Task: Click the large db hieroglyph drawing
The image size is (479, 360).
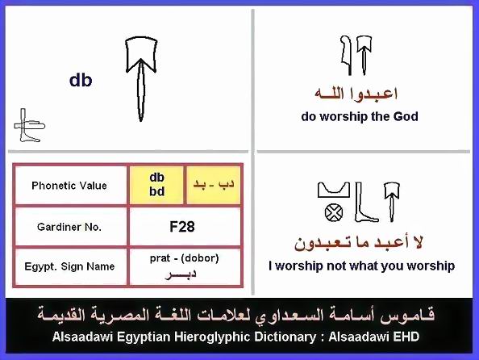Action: click(x=141, y=79)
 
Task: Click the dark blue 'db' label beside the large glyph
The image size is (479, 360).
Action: click(x=81, y=80)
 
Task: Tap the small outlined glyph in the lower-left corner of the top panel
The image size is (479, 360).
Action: click(x=29, y=125)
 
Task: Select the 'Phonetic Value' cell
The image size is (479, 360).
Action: click(x=69, y=186)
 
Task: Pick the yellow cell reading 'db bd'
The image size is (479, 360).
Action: click(x=156, y=185)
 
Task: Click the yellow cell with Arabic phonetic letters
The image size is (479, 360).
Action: click(x=213, y=185)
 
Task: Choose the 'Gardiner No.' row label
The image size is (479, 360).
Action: click(x=69, y=227)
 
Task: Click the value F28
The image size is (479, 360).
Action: click(x=182, y=227)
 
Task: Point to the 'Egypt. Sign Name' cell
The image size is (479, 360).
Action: click(x=69, y=266)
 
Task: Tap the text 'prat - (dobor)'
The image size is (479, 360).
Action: click(x=184, y=258)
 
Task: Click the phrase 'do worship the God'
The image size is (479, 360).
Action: click(x=360, y=116)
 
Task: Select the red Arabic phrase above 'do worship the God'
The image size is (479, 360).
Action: click(x=356, y=94)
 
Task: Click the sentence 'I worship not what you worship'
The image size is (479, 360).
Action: click(x=362, y=266)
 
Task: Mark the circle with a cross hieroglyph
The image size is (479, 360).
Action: click(x=334, y=212)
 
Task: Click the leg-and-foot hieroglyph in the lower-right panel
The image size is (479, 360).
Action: click(x=366, y=202)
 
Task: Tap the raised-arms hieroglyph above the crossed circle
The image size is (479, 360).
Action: click(x=334, y=190)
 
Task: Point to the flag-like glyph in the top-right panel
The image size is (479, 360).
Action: click(x=346, y=55)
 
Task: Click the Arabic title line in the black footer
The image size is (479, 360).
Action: click(x=235, y=315)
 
